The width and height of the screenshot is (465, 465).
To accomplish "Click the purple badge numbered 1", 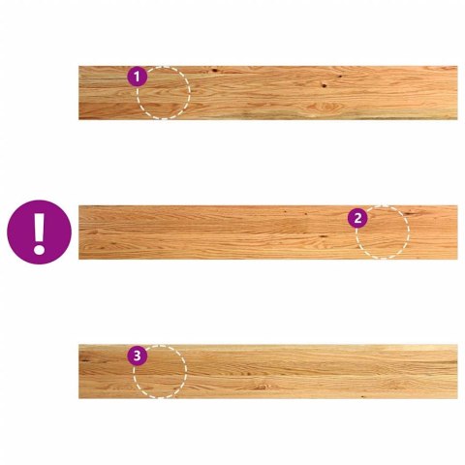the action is coord(138,77).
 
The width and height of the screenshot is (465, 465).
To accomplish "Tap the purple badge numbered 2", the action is coord(357,218).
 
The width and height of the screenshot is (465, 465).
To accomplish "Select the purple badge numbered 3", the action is coord(138,356).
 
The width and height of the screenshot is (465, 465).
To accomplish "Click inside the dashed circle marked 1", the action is coord(164,93).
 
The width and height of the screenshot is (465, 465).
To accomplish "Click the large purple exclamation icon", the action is coord(39,232).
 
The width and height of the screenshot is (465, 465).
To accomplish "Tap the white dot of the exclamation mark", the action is coord(39,250).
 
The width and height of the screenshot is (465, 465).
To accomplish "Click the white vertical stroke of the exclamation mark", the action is coord(39,227).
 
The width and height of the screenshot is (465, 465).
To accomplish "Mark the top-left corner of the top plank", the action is coord(78,66).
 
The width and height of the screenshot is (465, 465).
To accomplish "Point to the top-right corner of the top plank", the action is coord(457,66).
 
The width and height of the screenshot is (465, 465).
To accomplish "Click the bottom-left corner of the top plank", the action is coord(78,119).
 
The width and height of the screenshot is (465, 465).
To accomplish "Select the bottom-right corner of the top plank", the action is coord(457,119).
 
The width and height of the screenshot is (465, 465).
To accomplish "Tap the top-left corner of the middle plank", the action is coord(78,205).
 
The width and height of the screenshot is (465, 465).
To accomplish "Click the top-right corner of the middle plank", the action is coord(457,205).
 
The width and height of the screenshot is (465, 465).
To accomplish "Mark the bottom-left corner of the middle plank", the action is coord(78,259).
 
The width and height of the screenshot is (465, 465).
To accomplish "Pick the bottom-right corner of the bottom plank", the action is coord(457,398).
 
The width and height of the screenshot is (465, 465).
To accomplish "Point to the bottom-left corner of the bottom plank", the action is coord(78,398).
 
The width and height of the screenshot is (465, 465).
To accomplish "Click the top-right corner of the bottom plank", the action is coord(457,345).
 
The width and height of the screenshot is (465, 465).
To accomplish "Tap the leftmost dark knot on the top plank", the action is coord(214,70).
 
